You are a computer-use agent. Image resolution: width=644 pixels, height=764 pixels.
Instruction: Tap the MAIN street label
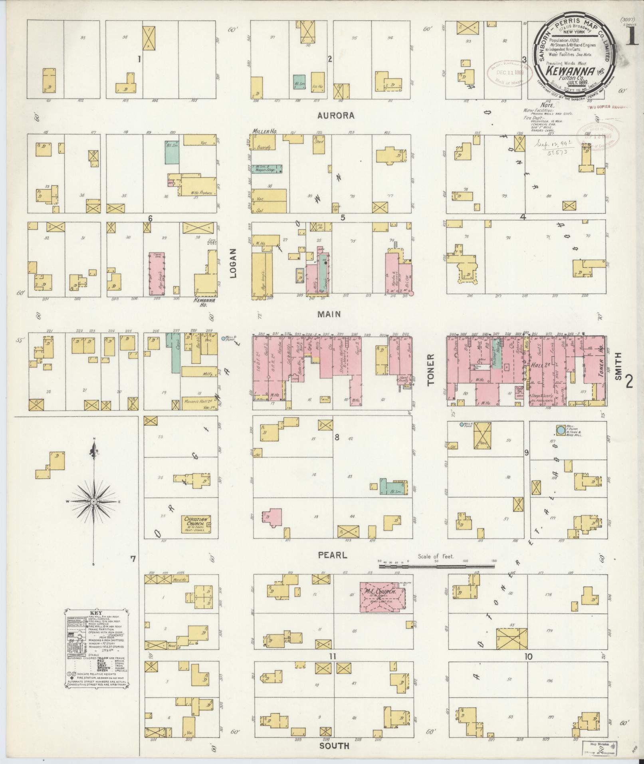coord(329,314)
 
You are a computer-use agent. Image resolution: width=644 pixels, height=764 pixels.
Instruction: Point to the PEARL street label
coord(332,555)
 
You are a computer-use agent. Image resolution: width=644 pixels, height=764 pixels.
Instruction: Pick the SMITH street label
coord(618,366)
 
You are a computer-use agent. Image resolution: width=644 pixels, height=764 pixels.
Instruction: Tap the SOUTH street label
coord(334,746)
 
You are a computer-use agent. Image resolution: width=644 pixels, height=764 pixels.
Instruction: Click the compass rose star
coord(93,501)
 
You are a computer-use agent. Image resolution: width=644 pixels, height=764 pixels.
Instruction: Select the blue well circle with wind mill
coord(561,430)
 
